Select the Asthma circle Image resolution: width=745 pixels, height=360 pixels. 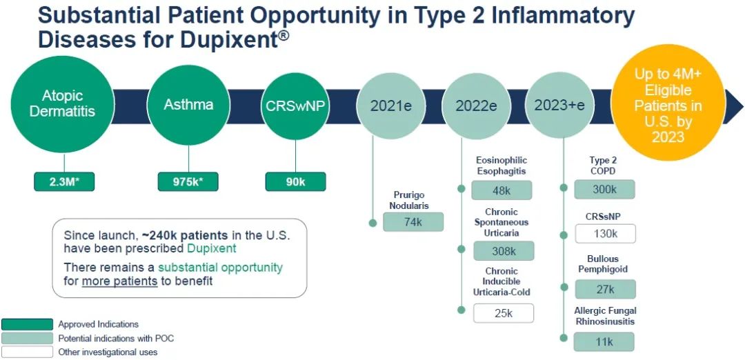point(188,105)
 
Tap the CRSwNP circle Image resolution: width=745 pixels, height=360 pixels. point(295,106)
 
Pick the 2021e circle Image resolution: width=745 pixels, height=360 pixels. point(391,106)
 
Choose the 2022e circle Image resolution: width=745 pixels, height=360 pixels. point(476,106)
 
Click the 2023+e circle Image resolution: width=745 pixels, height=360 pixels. point(559,105)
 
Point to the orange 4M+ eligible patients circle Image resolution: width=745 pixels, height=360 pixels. point(668,105)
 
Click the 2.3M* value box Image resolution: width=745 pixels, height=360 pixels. point(63,182)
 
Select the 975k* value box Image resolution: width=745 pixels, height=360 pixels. point(188,182)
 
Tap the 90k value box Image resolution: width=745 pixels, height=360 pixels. point(295,182)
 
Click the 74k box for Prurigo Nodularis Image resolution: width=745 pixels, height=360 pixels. point(413,222)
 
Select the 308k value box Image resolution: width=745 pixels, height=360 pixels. point(503,251)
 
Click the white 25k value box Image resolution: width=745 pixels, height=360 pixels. point(503,313)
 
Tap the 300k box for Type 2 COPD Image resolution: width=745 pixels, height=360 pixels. point(604,190)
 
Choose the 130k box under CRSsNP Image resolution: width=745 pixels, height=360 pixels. point(604,234)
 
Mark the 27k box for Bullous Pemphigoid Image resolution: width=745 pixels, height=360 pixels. point(604,289)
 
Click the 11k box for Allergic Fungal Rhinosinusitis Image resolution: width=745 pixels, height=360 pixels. point(604,341)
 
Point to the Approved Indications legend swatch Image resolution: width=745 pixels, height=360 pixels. point(27,324)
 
